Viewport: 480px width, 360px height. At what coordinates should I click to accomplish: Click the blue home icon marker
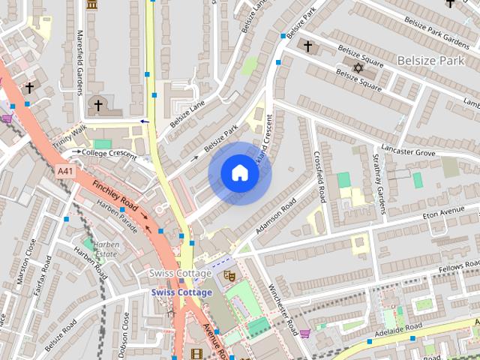[239, 173]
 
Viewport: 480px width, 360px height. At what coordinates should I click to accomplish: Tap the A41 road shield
[65, 172]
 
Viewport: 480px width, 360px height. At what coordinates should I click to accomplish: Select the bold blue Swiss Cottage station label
[181, 292]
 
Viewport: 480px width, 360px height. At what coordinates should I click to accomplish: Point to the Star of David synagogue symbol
[358, 69]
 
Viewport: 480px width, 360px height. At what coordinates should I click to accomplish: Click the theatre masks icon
[231, 275]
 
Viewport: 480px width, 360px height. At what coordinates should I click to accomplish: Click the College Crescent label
[109, 153]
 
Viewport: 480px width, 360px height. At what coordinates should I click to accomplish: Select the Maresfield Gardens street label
[79, 64]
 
